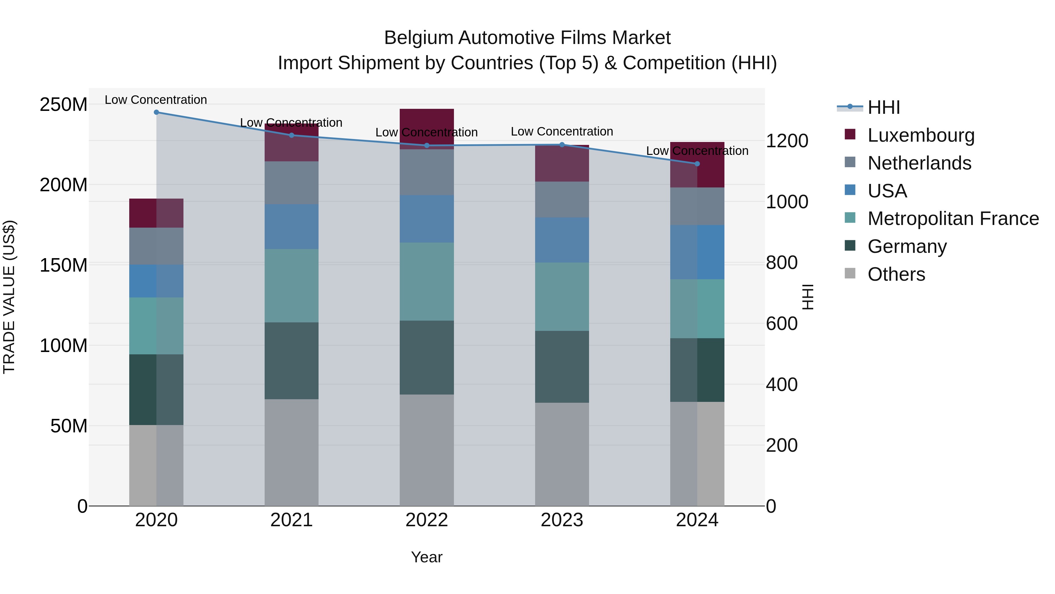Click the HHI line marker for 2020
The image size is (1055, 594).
click(156, 112)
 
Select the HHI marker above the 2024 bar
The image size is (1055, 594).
click(697, 164)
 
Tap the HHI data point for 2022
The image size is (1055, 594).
click(427, 145)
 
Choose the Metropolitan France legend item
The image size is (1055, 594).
click(953, 219)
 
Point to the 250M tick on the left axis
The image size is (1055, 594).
click(64, 104)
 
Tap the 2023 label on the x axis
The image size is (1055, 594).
click(562, 520)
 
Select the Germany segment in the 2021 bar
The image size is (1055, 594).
click(292, 361)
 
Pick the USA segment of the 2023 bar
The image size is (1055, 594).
click(562, 240)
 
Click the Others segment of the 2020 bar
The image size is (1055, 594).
click(156, 465)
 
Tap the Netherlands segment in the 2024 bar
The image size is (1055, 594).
click(697, 206)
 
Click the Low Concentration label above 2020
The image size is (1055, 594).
click(156, 100)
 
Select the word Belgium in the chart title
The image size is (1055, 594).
click(418, 38)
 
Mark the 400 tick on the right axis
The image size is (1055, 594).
click(781, 385)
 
